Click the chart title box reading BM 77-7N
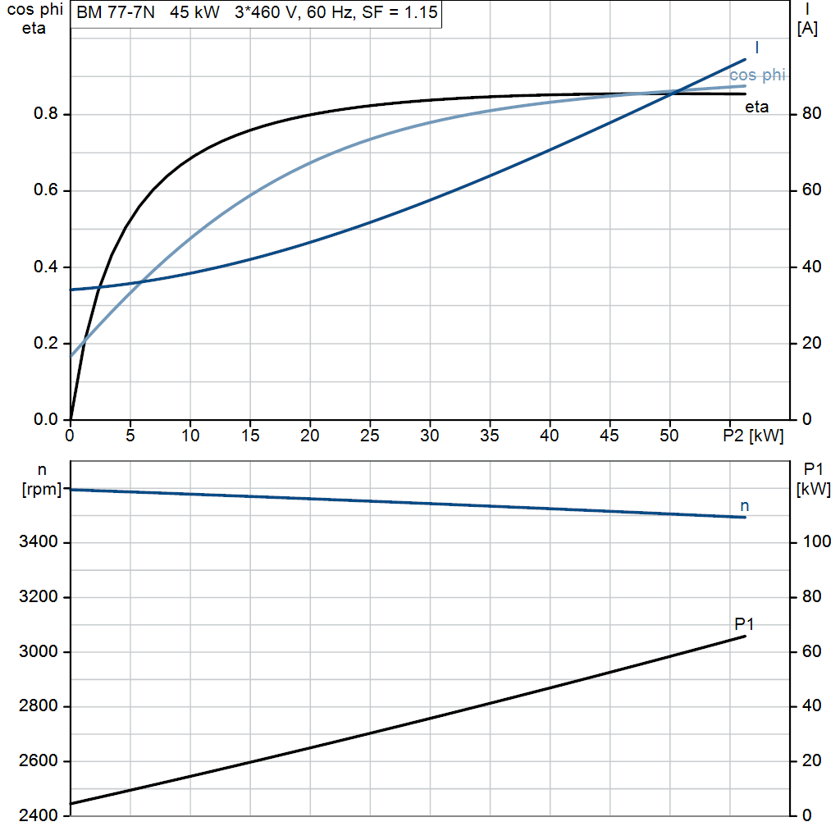tap(256, 13)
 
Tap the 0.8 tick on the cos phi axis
tap(46, 113)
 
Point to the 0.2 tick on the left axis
tap(46, 343)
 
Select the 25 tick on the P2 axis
tap(370, 436)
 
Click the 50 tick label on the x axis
tap(669, 436)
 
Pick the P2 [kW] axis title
tap(753, 436)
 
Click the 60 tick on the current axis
tap(811, 189)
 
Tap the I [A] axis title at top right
tap(807, 20)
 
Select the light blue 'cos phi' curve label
tap(757, 75)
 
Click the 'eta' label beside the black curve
tap(756, 107)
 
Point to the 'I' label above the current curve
tap(756, 48)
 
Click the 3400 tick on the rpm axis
tap(38, 541)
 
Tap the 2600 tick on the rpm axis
tap(38, 760)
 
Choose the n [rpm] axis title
tap(42, 479)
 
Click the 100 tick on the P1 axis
tap(816, 541)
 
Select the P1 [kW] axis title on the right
tap(813, 479)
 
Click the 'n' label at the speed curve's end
tap(744, 505)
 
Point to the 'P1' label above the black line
tap(744, 624)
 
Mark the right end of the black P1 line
tap(745, 637)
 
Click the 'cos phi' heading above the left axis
tap(34, 10)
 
